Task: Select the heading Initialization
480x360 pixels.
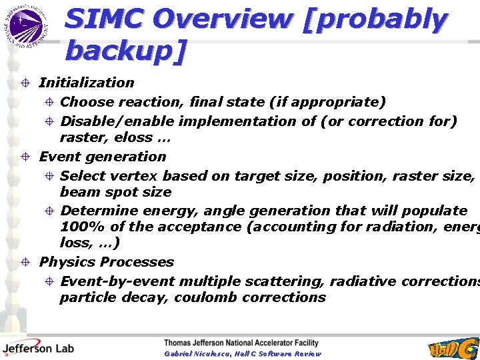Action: pos(87,83)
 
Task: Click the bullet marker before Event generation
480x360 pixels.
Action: pos(25,157)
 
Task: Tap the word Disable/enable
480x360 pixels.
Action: pos(117,121)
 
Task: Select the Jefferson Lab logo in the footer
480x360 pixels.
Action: pos(37,348)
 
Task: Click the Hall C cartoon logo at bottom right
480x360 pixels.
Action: pos(454,348)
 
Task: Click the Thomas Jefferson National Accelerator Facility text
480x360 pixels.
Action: pos(241,343)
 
